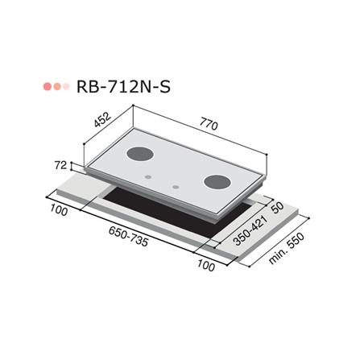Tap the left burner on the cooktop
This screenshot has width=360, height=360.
140,152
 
